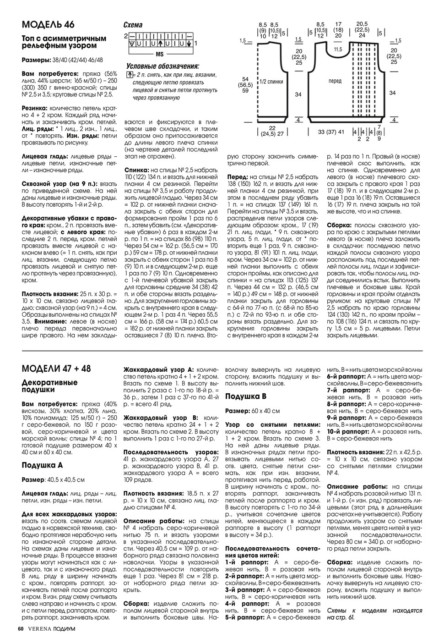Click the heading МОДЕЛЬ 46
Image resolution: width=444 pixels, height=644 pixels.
tap(48, 24)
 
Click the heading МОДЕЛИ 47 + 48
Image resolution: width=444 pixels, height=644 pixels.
tap(56, 369)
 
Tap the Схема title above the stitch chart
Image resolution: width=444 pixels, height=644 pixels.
tap(133, 25)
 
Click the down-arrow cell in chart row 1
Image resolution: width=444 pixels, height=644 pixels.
tap(188, 44)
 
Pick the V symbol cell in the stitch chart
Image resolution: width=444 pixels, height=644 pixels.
tap(132, 44)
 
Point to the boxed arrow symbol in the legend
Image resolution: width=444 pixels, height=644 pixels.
tap(130, 74)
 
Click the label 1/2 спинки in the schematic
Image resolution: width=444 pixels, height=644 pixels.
tap(271, 82)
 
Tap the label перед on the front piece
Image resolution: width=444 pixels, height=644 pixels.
tap(335, 81)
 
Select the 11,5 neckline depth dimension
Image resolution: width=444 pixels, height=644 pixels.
tap(338, 49)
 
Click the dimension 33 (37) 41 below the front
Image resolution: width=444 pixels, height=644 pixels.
tap(331, 132)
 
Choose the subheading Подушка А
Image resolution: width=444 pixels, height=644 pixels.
tap(42, 465)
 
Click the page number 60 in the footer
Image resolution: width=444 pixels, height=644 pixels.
tap(21, 628)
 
